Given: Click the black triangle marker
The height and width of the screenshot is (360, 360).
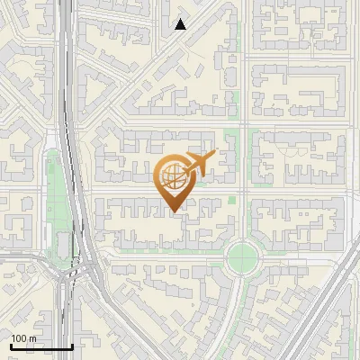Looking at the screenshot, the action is click(181, 24).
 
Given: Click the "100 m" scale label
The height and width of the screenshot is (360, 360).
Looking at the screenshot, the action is click(23, 338).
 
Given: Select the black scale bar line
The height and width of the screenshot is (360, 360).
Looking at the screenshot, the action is click(40, 346).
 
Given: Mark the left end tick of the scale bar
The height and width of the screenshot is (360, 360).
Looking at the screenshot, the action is click(10, 345).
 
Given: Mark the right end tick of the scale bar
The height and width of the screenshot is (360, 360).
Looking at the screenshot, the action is click(72, 345).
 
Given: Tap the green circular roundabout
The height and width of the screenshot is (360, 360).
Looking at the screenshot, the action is click(242, 257).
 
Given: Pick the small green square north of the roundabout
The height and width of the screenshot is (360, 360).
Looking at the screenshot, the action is click(232, 199).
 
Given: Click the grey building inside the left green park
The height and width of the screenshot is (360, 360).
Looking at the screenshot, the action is click(64, 244).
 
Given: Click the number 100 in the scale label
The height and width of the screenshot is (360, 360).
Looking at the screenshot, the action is click(18, 338).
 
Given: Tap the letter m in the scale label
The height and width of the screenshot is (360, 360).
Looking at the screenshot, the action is click(33, 338).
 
